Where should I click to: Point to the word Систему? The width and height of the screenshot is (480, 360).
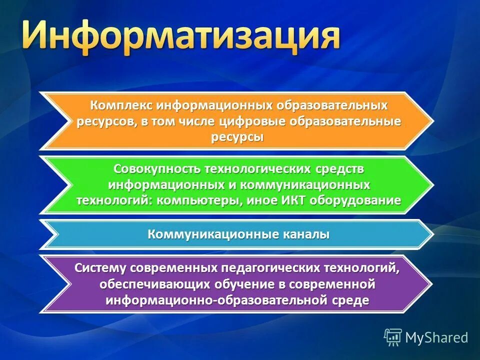(100, 267)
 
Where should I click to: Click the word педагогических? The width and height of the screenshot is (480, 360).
(260, 267)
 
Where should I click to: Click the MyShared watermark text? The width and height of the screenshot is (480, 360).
(436, 337)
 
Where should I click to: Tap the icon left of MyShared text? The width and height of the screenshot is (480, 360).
(393, 337)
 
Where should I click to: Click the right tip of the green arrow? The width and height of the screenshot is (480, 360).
(432, 184)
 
